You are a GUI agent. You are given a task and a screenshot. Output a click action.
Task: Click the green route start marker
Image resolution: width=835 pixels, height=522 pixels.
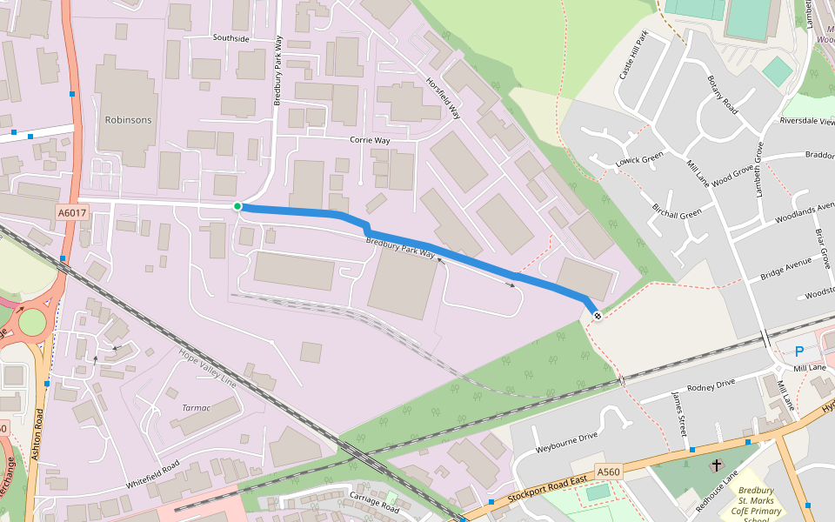(237, 206)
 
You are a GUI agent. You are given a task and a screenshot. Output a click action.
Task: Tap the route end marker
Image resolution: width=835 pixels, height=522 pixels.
(597, 315)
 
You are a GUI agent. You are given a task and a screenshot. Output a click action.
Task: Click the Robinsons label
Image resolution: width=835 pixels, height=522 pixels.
(128, 120)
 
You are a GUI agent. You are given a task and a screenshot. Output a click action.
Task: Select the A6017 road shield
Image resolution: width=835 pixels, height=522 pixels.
(72, 212)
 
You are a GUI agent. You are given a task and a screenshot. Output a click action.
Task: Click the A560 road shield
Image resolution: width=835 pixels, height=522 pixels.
(609, 472)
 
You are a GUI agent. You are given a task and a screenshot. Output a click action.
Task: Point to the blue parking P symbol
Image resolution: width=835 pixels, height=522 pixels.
(799, 351)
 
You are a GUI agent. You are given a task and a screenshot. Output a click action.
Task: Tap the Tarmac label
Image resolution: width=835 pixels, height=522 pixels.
(196, 407)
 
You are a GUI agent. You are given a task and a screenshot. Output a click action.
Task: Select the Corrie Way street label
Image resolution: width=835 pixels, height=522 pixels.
(370, 140)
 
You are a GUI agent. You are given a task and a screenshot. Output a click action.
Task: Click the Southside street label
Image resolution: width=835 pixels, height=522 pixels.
(230, 39)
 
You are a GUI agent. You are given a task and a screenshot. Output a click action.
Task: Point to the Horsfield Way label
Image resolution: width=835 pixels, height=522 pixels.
(442, 97)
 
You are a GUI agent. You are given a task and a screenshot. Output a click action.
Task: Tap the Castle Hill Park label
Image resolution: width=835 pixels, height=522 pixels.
(633, 57)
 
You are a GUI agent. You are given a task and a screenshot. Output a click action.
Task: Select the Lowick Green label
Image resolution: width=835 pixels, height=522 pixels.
(639, 161)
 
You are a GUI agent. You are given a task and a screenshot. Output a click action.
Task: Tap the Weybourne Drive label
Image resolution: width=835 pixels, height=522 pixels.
(566, 435)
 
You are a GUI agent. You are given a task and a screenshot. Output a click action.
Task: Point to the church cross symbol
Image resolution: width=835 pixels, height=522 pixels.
(716, 465)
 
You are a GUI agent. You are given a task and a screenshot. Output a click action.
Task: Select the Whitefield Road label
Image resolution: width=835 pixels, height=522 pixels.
(153, 474)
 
